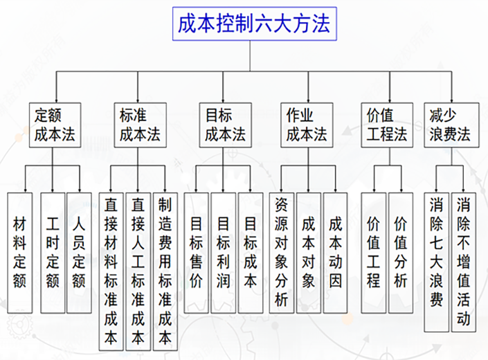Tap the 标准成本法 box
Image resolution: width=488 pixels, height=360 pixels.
pos(139,125)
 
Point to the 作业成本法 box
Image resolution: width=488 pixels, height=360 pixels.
pos(307,125)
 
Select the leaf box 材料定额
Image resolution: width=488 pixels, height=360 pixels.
pos(20,253)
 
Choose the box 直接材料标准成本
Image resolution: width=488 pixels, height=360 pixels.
pos(111,270)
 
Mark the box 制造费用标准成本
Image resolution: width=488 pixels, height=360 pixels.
pos(165,270)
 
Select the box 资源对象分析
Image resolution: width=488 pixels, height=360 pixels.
pos(282,253)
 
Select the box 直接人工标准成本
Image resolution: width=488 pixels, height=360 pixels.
pos(138,270)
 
